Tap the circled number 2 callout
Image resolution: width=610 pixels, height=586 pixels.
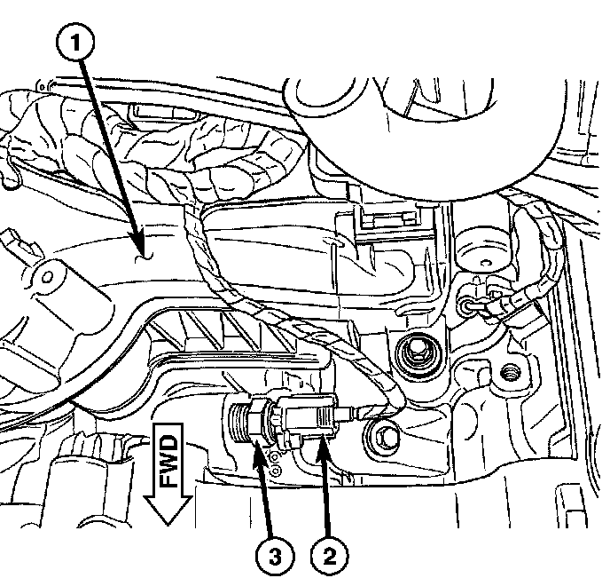pyautogui.click(x=329, y=557)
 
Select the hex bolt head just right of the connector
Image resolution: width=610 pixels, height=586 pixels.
pyautogui.click(x=385, y=438)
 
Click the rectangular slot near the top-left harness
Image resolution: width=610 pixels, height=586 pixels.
pyautogui.click(x=141, y=114)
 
